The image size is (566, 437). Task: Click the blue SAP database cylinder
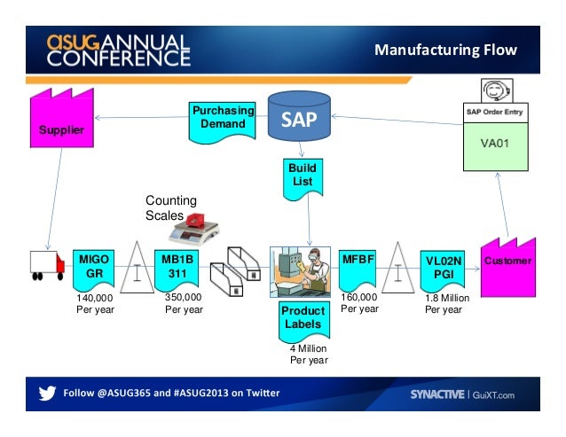(x=299, y=116)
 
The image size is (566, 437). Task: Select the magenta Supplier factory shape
(x=62, y=118)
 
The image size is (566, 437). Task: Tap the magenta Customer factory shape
(x=508, y=267)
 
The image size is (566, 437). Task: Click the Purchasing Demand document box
(x=223, y=122)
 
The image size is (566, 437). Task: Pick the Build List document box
(x=303, y=179)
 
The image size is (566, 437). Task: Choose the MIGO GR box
(x=94, y=270)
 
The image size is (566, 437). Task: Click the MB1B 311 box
(x=177, y=270)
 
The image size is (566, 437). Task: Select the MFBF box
(x=358, y=270)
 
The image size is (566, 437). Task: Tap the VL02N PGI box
(x=443, y=270)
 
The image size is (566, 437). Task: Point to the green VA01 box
(x=496, y=146)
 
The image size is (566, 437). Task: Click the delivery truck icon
(x=47, y=266)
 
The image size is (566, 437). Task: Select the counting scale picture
(x=193, y=228)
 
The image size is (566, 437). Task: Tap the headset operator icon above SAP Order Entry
(x=497, y=90)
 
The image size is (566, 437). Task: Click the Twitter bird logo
(x=47, y=393)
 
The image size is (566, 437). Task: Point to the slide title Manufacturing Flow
(x=446, y=50)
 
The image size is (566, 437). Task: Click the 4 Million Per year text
(x=309, y=354)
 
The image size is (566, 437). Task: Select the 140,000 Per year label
(x=95, y=303)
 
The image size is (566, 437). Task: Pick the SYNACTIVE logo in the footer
(x=437, y=394)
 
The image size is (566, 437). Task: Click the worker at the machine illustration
(x=301, y=272)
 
